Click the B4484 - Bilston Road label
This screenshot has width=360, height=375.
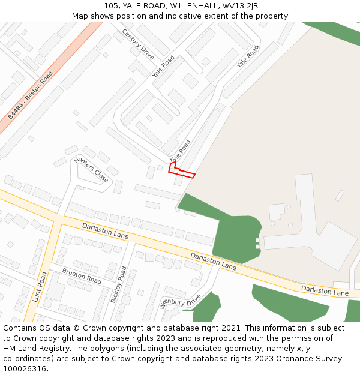pyautogui.click(x=31, y=95)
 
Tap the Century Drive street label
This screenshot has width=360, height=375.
pyautogui.click(x=138, y=44)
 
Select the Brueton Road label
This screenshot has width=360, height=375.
pyautogui.click(x=82, y=276)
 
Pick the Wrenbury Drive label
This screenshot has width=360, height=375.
pyautogui.click(x=179, y=300)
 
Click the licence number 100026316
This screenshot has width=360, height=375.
pyautogui.click(x=25, y=369)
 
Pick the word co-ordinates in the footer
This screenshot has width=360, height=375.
pyautogui.click(x=26, y=359)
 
